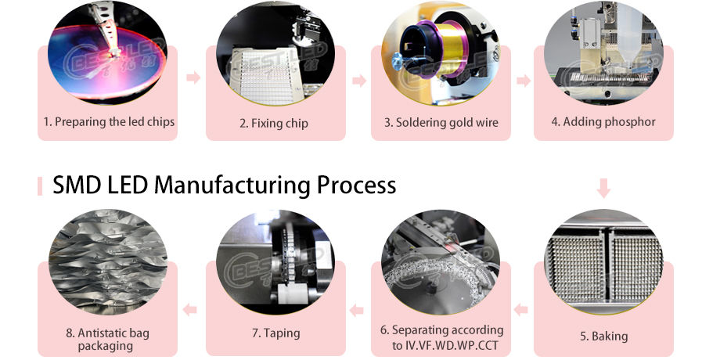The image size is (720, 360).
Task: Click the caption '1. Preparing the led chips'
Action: (109, 122)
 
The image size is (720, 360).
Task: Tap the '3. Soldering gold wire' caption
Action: (441, 122)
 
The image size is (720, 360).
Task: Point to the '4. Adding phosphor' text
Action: (603, 121)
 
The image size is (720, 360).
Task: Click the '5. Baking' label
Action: (603, 336)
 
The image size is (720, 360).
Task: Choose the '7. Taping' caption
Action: (275, 333)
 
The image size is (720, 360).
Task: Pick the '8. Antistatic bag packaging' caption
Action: (108, 339)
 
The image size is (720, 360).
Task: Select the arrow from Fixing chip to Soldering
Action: (359, 81)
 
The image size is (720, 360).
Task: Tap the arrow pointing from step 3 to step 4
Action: (524, 81)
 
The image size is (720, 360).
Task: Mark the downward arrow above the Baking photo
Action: (603, 188)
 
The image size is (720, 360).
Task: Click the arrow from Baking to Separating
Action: (520, 310)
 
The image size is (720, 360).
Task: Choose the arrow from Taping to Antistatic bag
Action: (189, 310)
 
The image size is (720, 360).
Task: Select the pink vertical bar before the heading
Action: (39, 186)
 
